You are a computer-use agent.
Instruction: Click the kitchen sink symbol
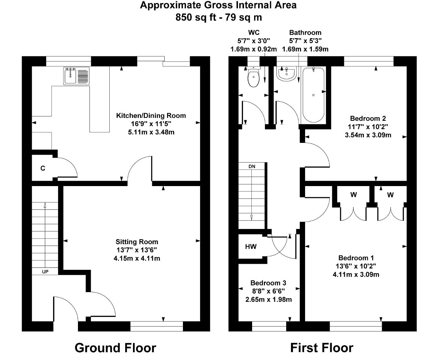pyautogui.click(x=76, y=76)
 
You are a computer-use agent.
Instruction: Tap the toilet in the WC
pyautogui.click(x=253, y=77)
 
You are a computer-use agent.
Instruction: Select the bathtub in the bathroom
pyautogui.click(x=314, y=95)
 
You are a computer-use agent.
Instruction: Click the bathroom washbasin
pyautogui.click(x=287, y=74)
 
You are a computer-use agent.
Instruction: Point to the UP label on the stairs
pyautogui.click(x=45, y=272)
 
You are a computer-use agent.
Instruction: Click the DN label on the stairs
pyautogui.click(x=252, y=166)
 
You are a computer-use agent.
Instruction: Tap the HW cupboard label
pyautogui.click(x=251, y=247)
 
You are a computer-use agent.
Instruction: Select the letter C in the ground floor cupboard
pyautogui.click(x=43, y=168)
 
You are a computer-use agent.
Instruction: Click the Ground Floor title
pyautogui.click(x=115, y=348)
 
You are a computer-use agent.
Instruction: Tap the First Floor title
pyautogui.click(x=322, y=348)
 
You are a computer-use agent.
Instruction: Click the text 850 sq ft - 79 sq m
pyautogui.click(x=219, y=17)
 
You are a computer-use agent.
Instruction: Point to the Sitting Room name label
pyautogui.click(x=137, y=242)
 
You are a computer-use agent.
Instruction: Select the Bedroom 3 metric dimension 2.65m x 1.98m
pyautogui.click(x=269, y=300)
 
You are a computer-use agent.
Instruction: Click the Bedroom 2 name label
pyautogui.click(x=368, y=119)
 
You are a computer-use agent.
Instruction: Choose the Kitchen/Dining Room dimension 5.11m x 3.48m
pyautogui.click(x=151, y=132)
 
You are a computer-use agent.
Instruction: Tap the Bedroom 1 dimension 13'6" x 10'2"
pyautogui.click(x=356, y=266)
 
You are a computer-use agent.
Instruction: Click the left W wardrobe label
pyautogui.click(x=354, y=195)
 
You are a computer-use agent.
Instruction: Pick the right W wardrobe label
pyautogui.click(x=390, y=195)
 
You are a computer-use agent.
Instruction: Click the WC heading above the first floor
pyautogui.click(x=254, y=32)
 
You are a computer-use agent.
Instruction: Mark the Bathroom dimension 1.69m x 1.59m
pyautogui.click(x=305, y=49)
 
